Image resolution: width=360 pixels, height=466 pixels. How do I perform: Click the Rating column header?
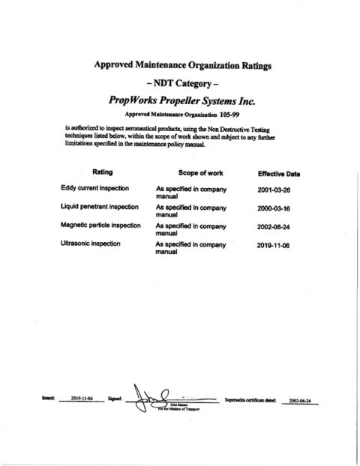pyautogui.click(x=102, y=172)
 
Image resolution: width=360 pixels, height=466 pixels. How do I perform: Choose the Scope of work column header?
pyautogui.click(x=190, y=172)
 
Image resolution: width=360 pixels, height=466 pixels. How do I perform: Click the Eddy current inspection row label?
pyautogui.click(x=94, y=187)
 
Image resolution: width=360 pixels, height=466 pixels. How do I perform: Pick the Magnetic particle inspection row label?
pyautogui.click(x=102, y=225)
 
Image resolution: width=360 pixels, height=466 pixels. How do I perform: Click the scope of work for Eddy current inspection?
pyautogui.click(x=190, y=191)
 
